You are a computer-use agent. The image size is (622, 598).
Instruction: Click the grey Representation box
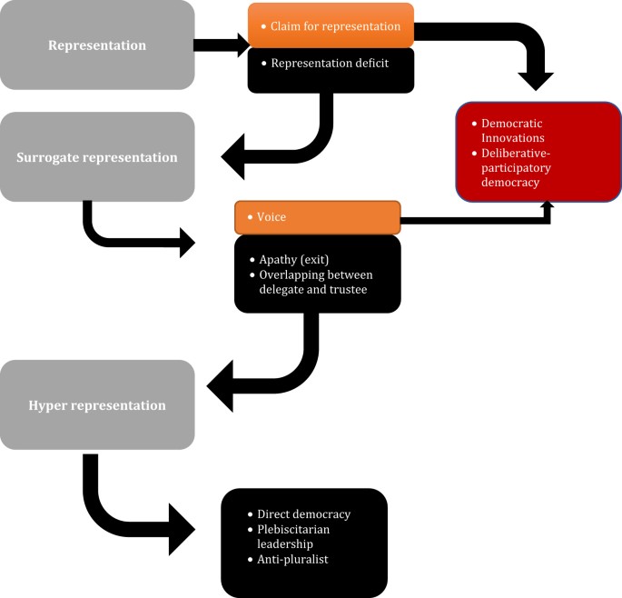click(97, 45)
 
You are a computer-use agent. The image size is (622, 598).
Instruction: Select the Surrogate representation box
click(97, 156)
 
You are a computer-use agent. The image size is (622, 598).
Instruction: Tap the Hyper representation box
click(97, 404)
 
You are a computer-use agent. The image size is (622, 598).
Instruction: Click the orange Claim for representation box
click(331, 25)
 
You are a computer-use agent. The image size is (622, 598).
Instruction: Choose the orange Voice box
click(318, 217)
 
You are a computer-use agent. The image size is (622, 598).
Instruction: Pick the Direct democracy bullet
click(303, 513)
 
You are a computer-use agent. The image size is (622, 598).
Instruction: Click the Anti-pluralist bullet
click(292, 559)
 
